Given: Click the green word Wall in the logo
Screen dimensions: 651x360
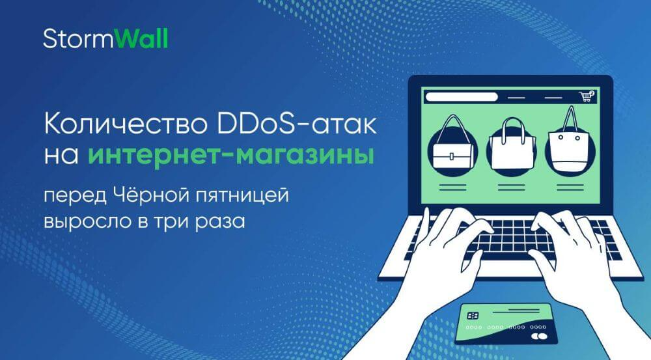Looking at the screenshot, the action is pos(141,38).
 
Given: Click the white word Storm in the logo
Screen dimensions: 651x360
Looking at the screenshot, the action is pos(78,38).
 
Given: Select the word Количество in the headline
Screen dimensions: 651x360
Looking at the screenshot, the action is pos(126,124).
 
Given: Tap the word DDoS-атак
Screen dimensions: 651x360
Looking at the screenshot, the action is pos(296,124).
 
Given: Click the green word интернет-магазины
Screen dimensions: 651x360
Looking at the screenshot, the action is pos(231,156).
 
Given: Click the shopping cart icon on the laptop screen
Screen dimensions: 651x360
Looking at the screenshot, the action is pos(587,96).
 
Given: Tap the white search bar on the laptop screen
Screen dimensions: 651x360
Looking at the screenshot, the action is pos(462,97).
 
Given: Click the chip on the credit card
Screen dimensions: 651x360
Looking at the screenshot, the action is pos(473,316).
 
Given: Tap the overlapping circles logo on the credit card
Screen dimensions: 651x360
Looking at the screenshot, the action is pos(539,335).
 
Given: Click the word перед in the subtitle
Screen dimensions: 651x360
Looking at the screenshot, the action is pos(75,196).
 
